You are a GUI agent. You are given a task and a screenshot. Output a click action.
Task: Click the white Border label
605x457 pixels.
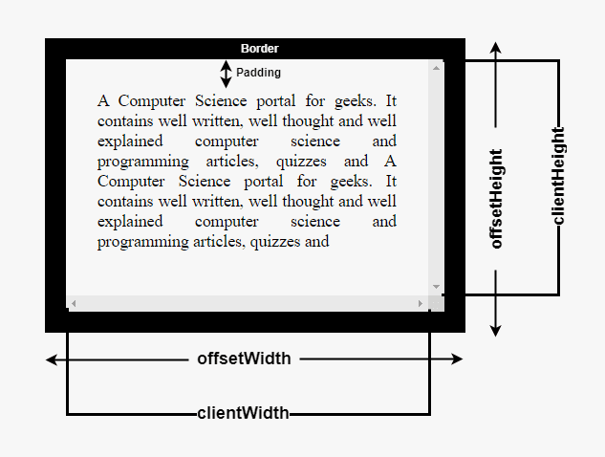click(x=260, y=49)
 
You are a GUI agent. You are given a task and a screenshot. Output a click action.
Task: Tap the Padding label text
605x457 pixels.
click(x=259, y=73)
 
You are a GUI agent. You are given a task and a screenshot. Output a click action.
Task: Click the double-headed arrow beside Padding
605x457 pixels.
click(x=227, y=74)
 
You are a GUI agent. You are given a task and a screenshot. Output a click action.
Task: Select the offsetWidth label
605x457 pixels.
click(x=244, y=359)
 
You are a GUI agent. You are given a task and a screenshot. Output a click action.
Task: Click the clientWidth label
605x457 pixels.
click(x=243, y=414)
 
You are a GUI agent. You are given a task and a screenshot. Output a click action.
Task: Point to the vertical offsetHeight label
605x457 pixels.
click(x=496, y=198)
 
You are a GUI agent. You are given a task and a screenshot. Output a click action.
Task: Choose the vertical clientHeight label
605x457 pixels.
click(x=559, y=176)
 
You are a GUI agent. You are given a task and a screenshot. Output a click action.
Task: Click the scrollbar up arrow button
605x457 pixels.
click(x=437, y=67)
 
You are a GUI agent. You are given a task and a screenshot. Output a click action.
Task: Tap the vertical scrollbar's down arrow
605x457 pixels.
click(x=437, y=287)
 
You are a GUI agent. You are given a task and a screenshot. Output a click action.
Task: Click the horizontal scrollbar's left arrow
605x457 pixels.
click(x=74, y=303)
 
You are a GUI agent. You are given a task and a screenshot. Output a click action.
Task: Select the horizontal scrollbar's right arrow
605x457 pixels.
click(x=421, y=303)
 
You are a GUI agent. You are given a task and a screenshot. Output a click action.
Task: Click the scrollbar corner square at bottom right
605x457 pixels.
click(x=437, y=303)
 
